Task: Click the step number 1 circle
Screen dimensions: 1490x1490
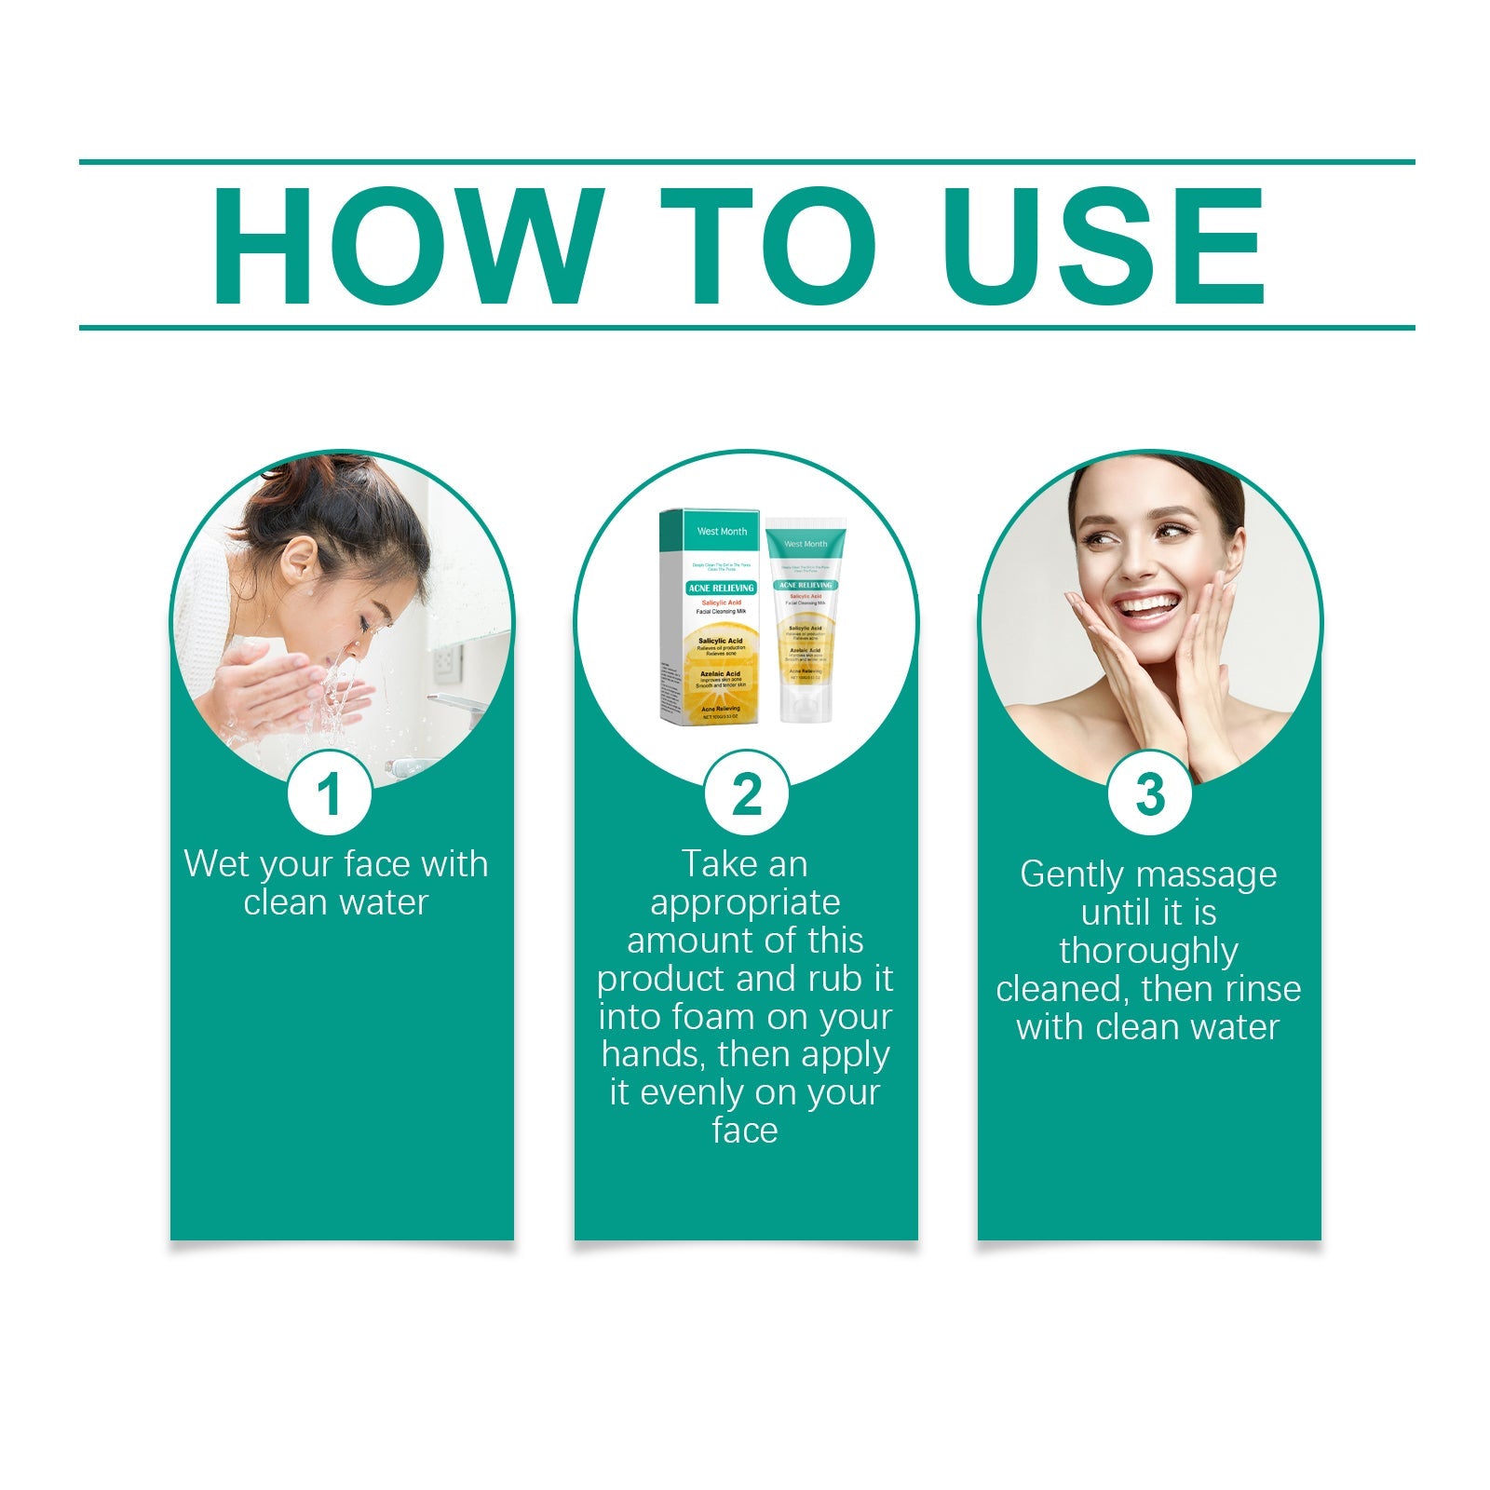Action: pyautogui.click(x=329, y=794)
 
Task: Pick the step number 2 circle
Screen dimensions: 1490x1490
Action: pyautogui.click(x=746, y=794)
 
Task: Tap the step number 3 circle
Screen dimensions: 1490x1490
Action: pyautogui.click(x=1149, y=794)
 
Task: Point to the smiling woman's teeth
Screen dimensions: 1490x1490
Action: pyautogui.click(x=1148, y=606)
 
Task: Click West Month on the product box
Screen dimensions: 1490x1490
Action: pyautogui.click(x=722, y=531)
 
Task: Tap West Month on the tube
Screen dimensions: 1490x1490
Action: pyautogui.click(x=806, y=544)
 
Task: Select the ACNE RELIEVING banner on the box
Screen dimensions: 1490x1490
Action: pyautogui.click(x=721, y=589)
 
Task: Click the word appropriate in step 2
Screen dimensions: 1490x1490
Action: pyautogui.click(x=745, y=902)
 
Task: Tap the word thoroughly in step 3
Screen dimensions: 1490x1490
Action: pyautogui.click(x=1148, y=951)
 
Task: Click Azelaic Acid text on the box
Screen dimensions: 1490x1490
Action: pyautogui.click(x=720, y=673)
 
